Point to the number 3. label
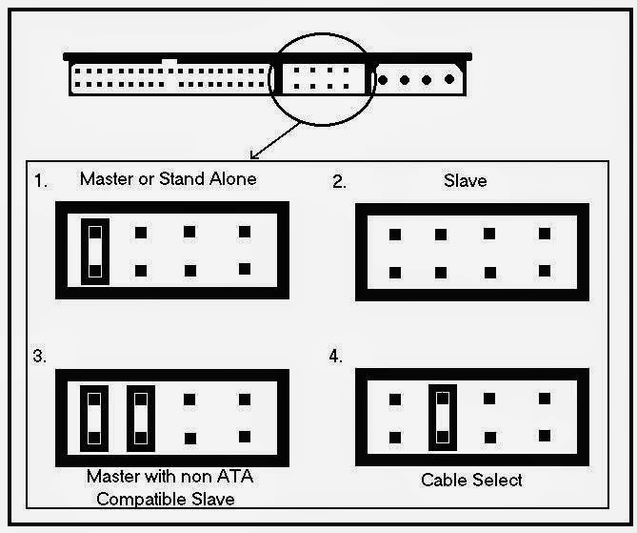click(40, 357)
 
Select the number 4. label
click(336, 357)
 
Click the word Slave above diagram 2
click(466, 180)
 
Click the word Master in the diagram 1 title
click(107, 178)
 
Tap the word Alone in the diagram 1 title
click(231, 178)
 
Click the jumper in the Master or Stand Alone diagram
click(93, 251)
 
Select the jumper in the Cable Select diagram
click(440, 417)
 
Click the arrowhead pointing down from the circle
click(250, 156)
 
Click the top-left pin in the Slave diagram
click(394, 234)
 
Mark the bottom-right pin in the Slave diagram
click(544, 272)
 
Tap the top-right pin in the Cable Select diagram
click(544, 400)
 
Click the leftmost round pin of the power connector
click(384, 79)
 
